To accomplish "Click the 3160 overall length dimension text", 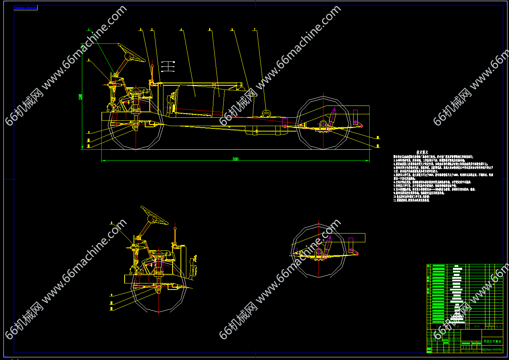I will [235, 159].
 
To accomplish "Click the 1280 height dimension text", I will [80, 97].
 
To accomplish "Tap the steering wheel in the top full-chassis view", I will [131, 53].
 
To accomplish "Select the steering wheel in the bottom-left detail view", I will [154, 216].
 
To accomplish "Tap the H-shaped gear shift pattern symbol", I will [168, 66].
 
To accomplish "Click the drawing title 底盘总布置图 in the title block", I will [492, 342].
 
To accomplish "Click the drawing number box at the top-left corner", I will [26, 8].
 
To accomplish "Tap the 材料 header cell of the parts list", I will [477, 326].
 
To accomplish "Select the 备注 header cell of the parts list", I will [499, 326].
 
